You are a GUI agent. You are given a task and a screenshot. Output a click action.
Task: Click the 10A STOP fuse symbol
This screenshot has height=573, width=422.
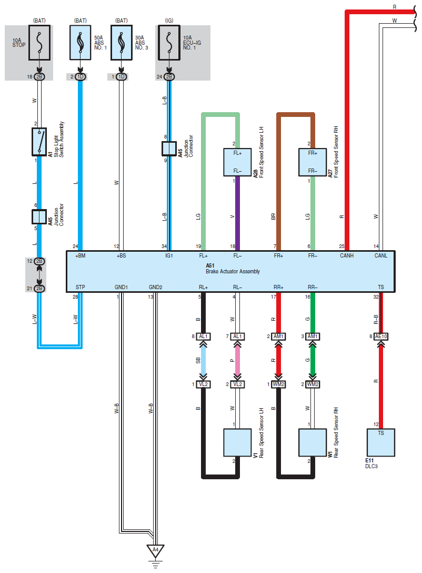click(x=39, y=43)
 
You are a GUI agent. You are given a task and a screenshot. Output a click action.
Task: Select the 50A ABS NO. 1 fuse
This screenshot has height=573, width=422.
click(x=81, y=43)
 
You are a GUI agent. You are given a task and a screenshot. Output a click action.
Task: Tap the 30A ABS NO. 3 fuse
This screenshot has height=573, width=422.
click(x=122, y=43)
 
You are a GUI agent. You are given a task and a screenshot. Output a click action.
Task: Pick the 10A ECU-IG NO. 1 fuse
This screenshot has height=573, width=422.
click(x=169, y=43)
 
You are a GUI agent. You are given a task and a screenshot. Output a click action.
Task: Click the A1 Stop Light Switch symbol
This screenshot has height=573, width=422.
click(x=39, y=142)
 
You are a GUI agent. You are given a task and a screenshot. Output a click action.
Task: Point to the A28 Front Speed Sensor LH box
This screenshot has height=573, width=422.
click(x=238, y=162)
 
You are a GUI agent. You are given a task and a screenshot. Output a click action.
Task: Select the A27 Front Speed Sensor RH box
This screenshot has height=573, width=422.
click(x=313, y=162)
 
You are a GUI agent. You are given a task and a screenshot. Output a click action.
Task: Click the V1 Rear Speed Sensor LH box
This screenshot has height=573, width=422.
click(x=238, y=442)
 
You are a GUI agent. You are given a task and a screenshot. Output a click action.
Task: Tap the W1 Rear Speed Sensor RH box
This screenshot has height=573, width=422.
click(x=313, y=442)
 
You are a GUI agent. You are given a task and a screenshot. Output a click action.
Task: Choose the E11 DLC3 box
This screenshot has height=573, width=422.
click(x=381, y=442)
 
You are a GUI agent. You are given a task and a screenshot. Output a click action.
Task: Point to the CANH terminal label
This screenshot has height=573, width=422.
click(x=347, y=255)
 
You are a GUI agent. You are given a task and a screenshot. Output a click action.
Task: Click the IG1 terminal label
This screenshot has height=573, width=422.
click(x=169, y=255)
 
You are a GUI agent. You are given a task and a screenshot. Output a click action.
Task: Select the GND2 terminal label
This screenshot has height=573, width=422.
click(x=156, y=287)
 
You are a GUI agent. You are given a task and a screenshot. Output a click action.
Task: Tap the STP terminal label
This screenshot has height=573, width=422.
click(x=81, y=287)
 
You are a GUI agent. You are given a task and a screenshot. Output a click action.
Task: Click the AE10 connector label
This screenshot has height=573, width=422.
click(x=381, y=336)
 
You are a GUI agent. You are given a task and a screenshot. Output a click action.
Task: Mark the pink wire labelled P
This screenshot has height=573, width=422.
click(x=238, y=360)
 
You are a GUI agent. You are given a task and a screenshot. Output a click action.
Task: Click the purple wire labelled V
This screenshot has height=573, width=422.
click(x=238, y=213)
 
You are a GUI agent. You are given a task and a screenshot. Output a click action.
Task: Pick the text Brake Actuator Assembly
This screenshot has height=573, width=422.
click(x=233, y=272)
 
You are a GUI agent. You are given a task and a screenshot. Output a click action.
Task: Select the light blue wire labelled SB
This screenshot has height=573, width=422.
click(x=203, y=360)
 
